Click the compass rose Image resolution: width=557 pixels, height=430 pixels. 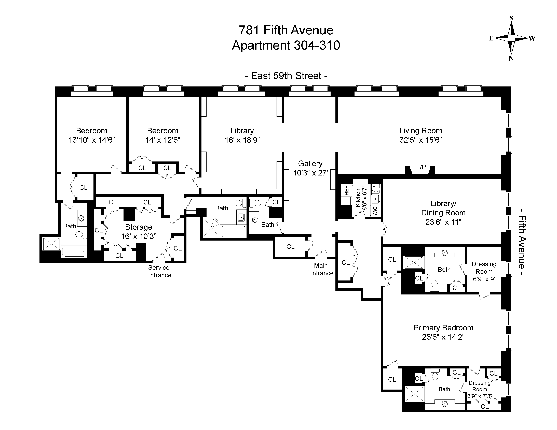[511, 38]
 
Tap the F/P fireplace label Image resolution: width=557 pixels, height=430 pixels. [421, 167]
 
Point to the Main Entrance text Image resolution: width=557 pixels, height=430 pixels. [321, 269]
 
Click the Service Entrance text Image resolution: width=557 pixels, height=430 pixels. [159, 271]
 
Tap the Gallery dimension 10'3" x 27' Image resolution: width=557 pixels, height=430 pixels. [310, 173]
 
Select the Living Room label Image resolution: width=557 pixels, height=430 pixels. [420, 131]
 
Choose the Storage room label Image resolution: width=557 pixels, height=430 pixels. [139, 227]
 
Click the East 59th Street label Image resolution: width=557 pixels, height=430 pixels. [286, 76]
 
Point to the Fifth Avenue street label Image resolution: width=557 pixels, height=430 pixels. [522, 242]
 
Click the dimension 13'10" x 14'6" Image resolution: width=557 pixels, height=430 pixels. [92, 140]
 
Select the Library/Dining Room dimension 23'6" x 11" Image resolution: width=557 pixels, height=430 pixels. [443, 222]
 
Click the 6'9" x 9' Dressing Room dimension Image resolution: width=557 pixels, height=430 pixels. [484, 279]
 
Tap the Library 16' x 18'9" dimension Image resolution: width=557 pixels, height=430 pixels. [242, 140]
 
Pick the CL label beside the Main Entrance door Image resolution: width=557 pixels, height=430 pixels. [290, 247]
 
